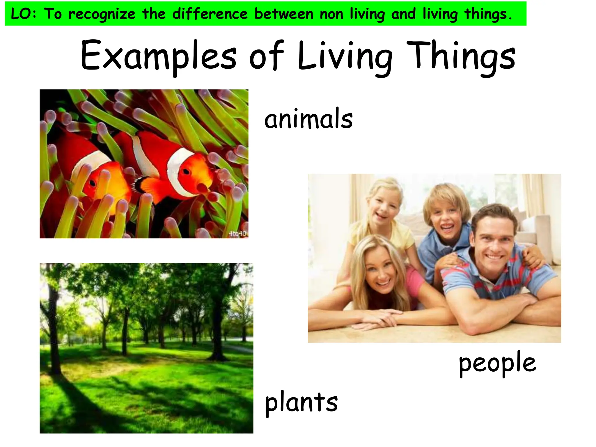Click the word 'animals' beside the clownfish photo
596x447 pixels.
[308, 119]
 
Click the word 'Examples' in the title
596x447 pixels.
[159, 56]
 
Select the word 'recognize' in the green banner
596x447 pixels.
[102, 14]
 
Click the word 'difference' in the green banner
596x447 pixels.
[210, 14]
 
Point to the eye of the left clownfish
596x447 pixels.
[92, 183]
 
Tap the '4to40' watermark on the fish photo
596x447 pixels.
[237, 233]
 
